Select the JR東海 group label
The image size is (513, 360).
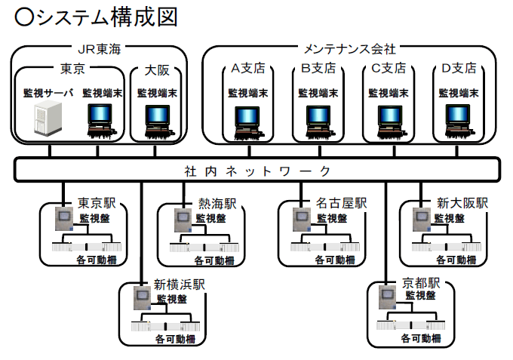click(99, 50)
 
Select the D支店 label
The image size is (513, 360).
click(459, 68)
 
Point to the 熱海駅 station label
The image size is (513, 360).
click(217, 204)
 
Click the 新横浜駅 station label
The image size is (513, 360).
click(180, 285)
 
